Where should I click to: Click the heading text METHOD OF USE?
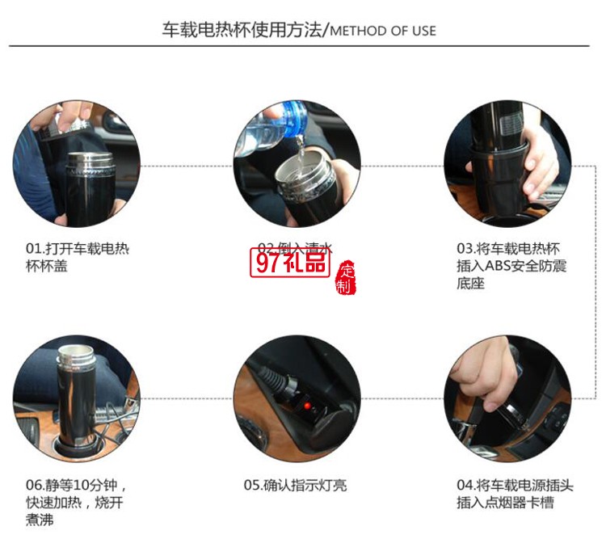coord(383,32)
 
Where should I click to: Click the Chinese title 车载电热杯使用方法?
coord(242,31)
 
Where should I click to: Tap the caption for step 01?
coord(77,257)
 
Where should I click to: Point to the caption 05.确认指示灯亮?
coord(295,486)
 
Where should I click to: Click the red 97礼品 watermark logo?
coord(292,263)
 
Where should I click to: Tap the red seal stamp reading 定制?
coord(346,278)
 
